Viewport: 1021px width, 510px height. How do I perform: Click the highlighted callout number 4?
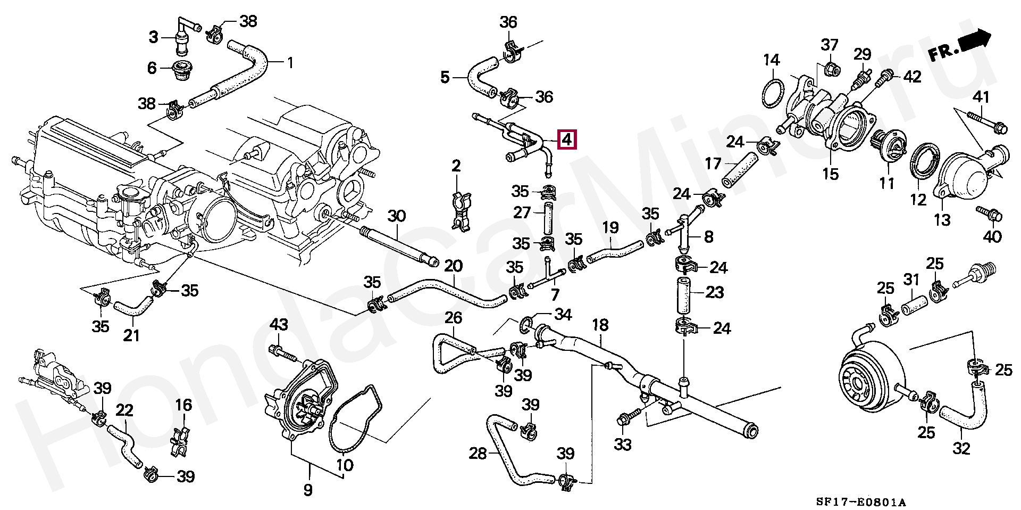(x=566, y=140)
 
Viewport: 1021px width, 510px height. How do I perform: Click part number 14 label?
(x=771, y=60)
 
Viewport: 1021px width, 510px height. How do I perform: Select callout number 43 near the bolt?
(x=279, y=324)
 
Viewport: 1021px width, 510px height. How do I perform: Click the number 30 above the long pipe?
(x=396, y=216)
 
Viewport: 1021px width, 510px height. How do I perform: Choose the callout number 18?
(x=600, y=325)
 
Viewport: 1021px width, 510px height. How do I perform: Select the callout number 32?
(x=961, y=448)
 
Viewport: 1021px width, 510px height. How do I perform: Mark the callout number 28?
(x=478, y=453)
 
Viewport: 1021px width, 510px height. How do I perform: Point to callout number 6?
(x=152, y=68)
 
